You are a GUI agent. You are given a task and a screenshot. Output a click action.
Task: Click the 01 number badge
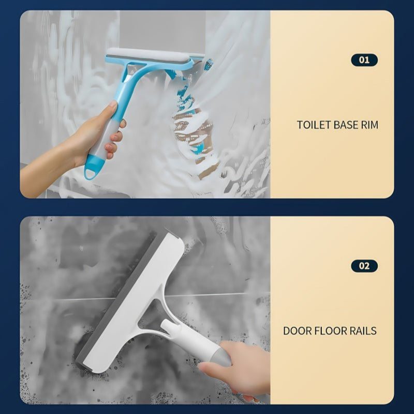tap(364, 60)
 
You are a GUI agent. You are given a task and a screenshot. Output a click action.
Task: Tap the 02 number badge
tap(364, 266)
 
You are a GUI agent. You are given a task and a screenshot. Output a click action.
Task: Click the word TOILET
tap(314, 125)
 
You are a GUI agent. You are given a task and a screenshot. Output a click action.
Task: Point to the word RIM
tap(369, 125)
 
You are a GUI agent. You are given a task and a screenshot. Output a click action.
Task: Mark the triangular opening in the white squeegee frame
tap(151, 316)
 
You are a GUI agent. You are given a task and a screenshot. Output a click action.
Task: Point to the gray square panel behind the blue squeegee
tap(162, 31)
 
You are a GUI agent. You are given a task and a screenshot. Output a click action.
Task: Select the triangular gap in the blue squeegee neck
tap(130, 72)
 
